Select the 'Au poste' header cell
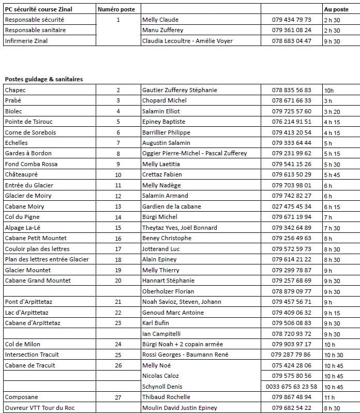tap(336, 9)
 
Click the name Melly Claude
tap(160, 20)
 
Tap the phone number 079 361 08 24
tap(292, 31)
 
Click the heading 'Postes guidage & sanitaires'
tap(44, 79)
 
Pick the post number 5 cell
tap(118, 122)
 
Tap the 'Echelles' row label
tap(16, 143)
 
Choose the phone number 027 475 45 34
tap(292, 207)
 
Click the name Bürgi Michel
tap(159, 217)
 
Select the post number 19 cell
tap(118, 270)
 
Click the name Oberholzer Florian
tap(168, 291)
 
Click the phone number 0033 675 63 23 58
tap(292, 387)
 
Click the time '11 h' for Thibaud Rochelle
tap(329, 397)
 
